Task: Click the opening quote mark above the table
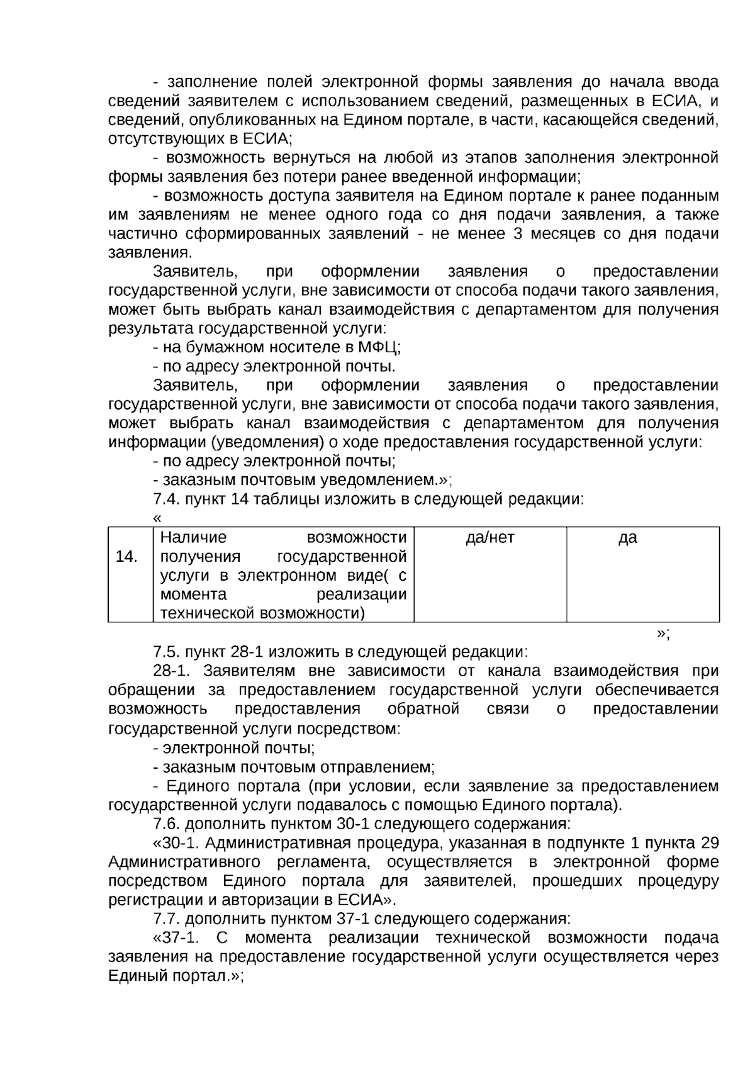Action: (x=157, y=518)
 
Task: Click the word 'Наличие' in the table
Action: (x=193, y=538)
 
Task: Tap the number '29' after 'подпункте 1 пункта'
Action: (x=709, y=843)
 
